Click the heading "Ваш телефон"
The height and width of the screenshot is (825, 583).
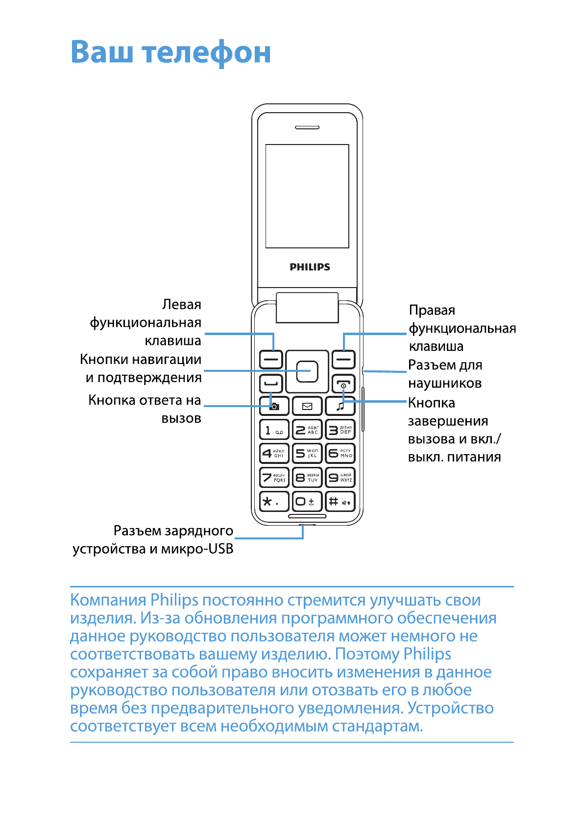click(170, 52)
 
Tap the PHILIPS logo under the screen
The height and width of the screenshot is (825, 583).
click(310, 267)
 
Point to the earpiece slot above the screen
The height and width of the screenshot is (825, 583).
click(307, 127)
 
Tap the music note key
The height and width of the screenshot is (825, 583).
click(340, 406)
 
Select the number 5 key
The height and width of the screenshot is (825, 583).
click(307, 453)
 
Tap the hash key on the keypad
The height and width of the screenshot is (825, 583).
click(340, 501)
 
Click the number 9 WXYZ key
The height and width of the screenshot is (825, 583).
click(340, 477)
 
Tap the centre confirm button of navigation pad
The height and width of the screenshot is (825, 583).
click(307, 371)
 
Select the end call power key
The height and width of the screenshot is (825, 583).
click(343, 384)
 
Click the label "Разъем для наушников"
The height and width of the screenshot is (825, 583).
click(445, 374)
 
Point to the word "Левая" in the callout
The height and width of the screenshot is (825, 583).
click(181, 305)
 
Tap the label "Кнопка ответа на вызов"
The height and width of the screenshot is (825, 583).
click(145, 409)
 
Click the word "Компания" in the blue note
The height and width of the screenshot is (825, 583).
click(108, 600)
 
